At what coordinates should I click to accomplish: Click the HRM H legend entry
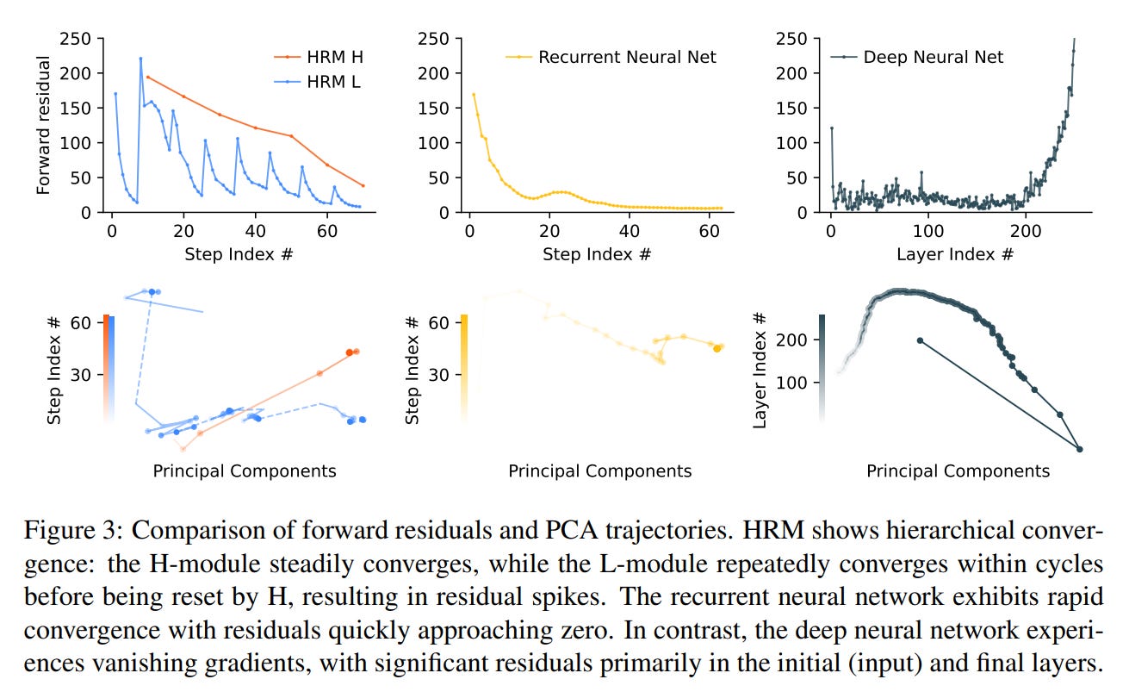point(325,57)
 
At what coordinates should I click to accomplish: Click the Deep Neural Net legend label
point(933,58)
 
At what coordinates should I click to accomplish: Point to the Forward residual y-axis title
point(44,125)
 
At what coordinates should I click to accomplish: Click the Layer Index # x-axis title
point(955,254)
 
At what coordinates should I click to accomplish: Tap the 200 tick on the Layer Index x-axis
point(1024,230)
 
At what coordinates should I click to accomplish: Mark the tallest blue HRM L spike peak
point(140,59)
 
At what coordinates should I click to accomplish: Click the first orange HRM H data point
point(147,77)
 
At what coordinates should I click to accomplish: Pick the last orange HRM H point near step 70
point(363,185)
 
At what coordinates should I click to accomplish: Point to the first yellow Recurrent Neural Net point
point(474,94)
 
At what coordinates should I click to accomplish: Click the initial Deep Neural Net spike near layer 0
point(832,128)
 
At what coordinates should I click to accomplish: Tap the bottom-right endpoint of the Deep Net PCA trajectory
point(1079,449)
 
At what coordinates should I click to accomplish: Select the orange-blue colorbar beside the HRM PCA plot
point(109,367)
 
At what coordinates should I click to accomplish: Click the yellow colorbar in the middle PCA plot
point(465,367)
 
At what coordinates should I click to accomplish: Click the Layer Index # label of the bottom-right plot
point(760,369)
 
